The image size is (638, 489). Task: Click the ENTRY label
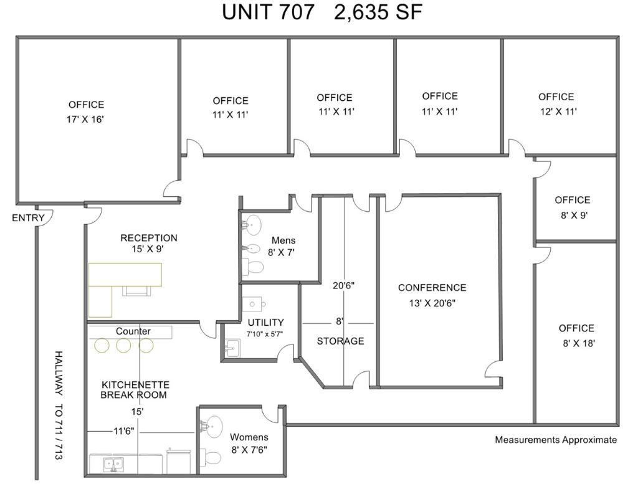point(28,218)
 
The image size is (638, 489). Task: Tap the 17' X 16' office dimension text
point(86,120)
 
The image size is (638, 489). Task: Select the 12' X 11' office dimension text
point(558,112)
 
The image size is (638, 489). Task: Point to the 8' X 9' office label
point(573,200)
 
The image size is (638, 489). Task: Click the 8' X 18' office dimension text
point(579,343)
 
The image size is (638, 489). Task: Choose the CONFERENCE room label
point(432,288)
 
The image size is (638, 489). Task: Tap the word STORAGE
point(341,341)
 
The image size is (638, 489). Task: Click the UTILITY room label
point(265,323)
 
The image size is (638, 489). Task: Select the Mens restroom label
point(283,240)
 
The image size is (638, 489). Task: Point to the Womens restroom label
point(249,437)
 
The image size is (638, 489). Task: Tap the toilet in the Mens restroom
point(253,267)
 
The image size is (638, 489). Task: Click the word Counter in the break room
point(133,331)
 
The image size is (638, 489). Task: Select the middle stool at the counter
point(123,345)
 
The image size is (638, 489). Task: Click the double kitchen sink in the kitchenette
point(114,464)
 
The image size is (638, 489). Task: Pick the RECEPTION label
point(149,238)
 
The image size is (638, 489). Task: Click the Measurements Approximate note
point(556,440)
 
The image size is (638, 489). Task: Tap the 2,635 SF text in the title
point(378,12)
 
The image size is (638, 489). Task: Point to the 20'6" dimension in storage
point(344,285)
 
